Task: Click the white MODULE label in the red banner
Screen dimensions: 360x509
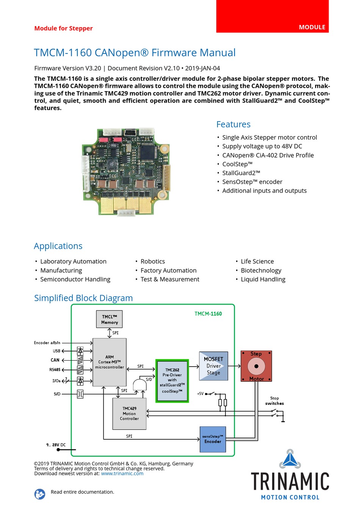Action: (x=312, y=27)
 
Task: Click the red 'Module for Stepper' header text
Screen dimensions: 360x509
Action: (x=63, y=28)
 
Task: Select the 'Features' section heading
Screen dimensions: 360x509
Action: (x=233, y=124)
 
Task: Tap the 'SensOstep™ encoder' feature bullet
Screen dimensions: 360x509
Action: (x=252, y=182)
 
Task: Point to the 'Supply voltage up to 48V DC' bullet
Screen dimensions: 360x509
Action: (x=262, y=146)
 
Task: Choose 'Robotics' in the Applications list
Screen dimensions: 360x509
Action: (x=153, y=261)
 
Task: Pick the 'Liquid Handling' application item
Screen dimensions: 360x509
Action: (x=263, y=279)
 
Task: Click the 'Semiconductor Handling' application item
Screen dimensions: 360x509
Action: (x=75, y=279)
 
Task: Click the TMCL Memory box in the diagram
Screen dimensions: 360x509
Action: (x=109, y=319)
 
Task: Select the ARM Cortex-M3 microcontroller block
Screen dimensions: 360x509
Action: (x=110, y=362)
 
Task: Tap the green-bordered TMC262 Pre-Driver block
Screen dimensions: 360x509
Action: (x=172, y=381)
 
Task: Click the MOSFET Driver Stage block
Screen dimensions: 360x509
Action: (x=213, y=366)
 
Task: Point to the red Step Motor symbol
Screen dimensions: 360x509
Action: (x=256, y=366)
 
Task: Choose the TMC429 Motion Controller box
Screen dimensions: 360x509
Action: (x=129, y=414)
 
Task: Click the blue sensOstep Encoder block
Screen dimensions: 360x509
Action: (x=213, y=439)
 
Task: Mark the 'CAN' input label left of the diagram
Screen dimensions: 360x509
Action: (x=55, y=360)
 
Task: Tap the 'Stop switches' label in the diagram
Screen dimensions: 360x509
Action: (x=274, y=401)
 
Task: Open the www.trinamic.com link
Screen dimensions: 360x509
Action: (x=122, y=473)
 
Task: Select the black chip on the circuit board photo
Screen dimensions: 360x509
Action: (x=148, y=152)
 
